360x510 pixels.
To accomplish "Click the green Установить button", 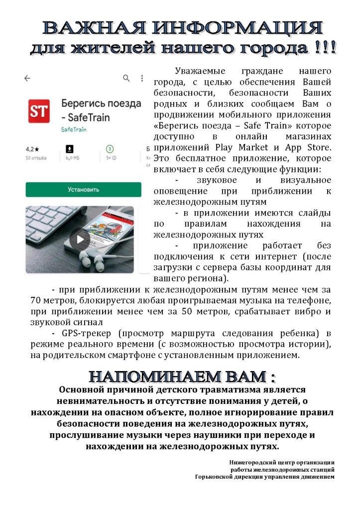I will (x=83, y=190).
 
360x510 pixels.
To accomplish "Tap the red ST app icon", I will (x=39, y=111).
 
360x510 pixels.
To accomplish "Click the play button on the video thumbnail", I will (x=79, y=239).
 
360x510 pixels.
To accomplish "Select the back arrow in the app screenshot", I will (x=27, y=78).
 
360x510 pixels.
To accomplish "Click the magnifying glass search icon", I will (x=126, y=78).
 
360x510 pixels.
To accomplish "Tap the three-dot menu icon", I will (x=142, y=78).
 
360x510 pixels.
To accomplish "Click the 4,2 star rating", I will (x=32, y=149).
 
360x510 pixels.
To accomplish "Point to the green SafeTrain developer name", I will (x=74, y=129).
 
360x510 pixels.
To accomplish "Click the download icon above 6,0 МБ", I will (x=70, y=149).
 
